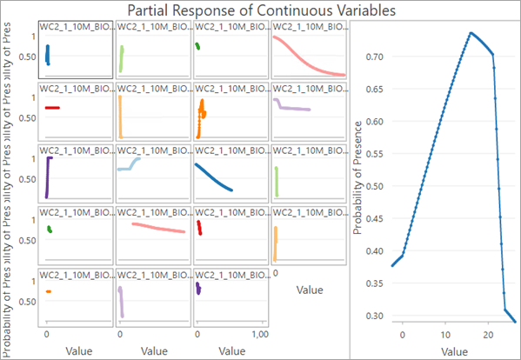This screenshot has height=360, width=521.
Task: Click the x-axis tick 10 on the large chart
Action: (x=445, y=334)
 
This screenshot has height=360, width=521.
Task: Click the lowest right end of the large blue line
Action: (x=515, y=322)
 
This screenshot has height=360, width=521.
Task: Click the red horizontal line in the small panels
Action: (x=52, y=108)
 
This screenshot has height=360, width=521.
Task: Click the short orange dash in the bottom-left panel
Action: (x=49, y=291)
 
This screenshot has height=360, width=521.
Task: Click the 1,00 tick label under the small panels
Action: (x=259, y=334)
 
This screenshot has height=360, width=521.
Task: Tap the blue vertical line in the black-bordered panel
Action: (x=48, y=55)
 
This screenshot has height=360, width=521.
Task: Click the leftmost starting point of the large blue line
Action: (x=392, y=265)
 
